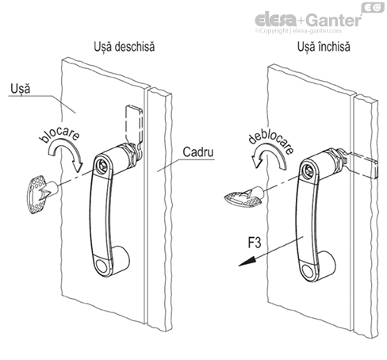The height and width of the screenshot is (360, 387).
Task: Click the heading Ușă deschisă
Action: coord(124,47)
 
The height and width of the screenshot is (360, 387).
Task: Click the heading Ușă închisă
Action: coord(324,47)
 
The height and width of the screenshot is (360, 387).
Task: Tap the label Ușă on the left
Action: coord(21,89)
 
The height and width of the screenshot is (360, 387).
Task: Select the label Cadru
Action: coord(198,152)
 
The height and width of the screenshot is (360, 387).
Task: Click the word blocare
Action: coord(59,135)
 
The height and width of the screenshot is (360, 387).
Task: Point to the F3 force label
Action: coord(255,243)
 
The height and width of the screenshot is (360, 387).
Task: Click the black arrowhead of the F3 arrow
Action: coord(247,261)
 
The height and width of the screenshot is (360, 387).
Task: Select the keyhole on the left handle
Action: coord(102,166)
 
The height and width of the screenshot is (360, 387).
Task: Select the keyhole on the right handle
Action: coord(307,169)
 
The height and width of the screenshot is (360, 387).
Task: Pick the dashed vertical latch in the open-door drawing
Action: coord(134,124)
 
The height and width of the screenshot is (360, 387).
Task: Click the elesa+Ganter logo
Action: coord(308,20)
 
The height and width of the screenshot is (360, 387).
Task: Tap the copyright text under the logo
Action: coord(298,31)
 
